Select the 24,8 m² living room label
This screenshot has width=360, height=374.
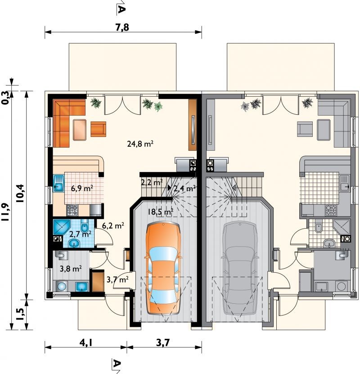click(x=140, y=144)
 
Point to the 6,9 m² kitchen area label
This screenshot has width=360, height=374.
click(x=82, y=188)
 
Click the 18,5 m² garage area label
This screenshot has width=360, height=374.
click(x=160, y=212)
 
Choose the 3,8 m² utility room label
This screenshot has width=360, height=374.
click(x=71, y=269)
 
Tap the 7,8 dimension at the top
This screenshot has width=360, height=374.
click(x=122, y=27)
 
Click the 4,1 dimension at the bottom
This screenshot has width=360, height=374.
click(x=86, y=343)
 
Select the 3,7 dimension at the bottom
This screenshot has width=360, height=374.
click(x=163, y=343)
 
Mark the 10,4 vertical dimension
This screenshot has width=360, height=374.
click(x=21, y=193)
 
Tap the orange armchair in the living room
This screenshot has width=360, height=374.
click(x=98, y=129)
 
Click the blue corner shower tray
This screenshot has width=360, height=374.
click(x=61, y=228)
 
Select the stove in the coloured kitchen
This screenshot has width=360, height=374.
click(x=72, y=210)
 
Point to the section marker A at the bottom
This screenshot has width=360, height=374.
click(x=116, y=365)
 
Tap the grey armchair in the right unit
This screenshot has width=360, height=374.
click(x=305, y=129)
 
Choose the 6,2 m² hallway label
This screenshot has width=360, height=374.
click(x=113, y=225)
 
